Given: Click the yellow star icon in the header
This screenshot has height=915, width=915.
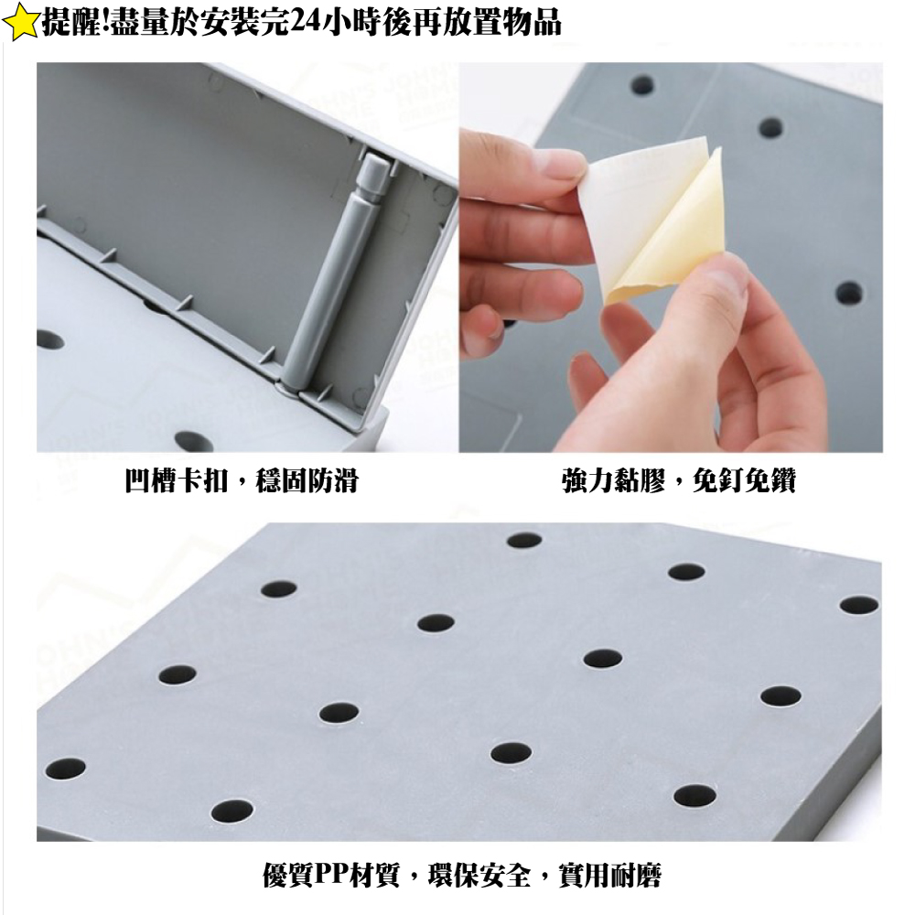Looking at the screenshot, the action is pos(21,23).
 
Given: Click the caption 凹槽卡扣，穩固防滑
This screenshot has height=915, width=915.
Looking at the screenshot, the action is pos(242,481).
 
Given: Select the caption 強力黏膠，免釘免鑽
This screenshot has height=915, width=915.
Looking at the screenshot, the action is pos(679,481).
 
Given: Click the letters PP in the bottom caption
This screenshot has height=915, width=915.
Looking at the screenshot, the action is pos(330,876).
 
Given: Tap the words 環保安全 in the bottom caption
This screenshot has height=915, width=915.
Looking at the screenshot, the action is pos(479,876).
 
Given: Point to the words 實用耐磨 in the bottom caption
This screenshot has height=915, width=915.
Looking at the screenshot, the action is pos(609,876).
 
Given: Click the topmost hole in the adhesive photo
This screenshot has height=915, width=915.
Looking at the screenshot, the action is pos(642,85).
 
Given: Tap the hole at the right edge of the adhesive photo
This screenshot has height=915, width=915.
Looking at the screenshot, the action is pos(849,294).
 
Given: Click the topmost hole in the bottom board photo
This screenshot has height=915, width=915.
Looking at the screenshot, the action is pos(524,541).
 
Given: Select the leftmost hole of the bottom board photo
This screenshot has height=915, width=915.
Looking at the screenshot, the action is pos(65,769).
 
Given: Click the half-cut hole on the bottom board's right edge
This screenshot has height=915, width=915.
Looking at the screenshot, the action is pos(859,605).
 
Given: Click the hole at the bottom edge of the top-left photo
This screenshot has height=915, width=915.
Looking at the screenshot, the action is pos(194,440).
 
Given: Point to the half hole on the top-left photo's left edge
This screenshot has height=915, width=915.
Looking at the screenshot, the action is pos(50,339).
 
